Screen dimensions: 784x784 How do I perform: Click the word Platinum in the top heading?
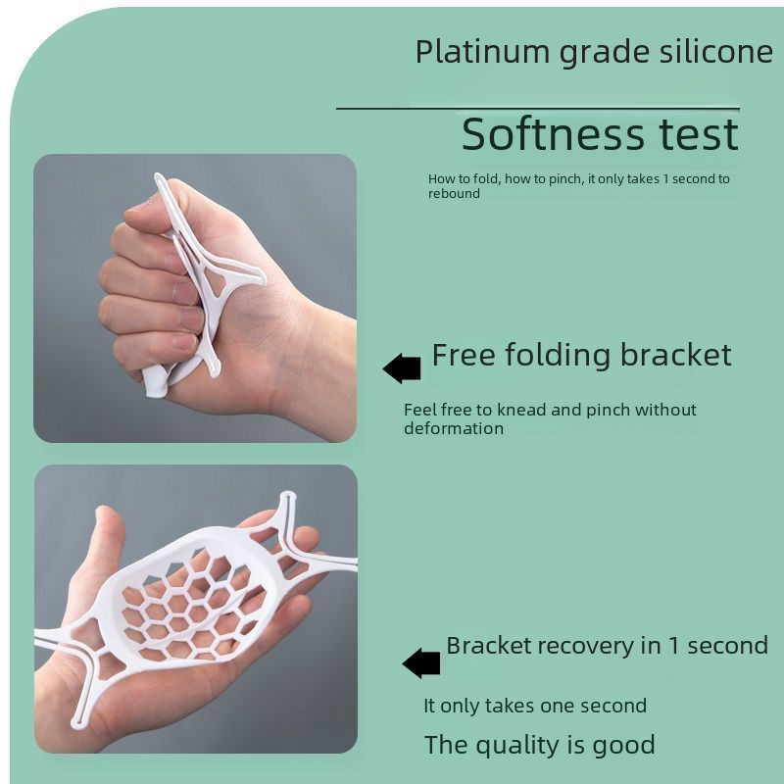(482, 52)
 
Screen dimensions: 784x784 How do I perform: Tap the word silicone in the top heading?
(716, 52)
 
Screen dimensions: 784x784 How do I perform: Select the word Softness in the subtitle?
(553, 134)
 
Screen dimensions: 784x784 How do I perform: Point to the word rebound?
(454, 194)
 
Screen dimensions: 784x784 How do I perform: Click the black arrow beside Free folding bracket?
(402, 368)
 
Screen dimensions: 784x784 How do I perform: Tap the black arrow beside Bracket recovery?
(421, 663)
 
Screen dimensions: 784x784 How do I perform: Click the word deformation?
(454, 428)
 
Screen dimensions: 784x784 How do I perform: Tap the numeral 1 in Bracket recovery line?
(673, 646)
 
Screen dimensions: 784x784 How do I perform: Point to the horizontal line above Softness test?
(538, 108)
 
